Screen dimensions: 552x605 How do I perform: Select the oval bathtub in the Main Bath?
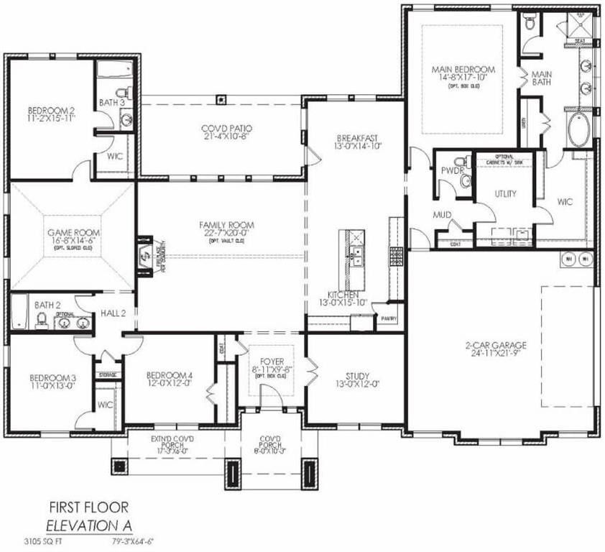tap(579, 130)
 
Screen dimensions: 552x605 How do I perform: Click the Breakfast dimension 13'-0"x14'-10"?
tap(357, 146)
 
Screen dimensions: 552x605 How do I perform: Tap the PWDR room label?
tap(450, 170)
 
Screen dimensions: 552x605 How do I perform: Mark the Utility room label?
tap(505, 194)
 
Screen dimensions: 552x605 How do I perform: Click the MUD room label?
tap(441, 214)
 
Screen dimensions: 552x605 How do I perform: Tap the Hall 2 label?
tap(114, 313)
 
